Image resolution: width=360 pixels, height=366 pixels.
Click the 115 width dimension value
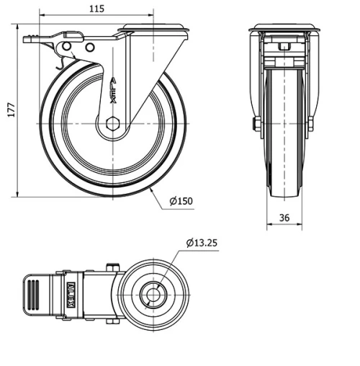96,9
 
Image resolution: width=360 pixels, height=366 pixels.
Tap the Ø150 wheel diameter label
183,201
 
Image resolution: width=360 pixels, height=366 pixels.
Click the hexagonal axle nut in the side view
112,124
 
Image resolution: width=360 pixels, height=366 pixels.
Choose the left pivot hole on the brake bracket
68,47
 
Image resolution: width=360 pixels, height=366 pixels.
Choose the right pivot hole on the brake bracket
90,47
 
